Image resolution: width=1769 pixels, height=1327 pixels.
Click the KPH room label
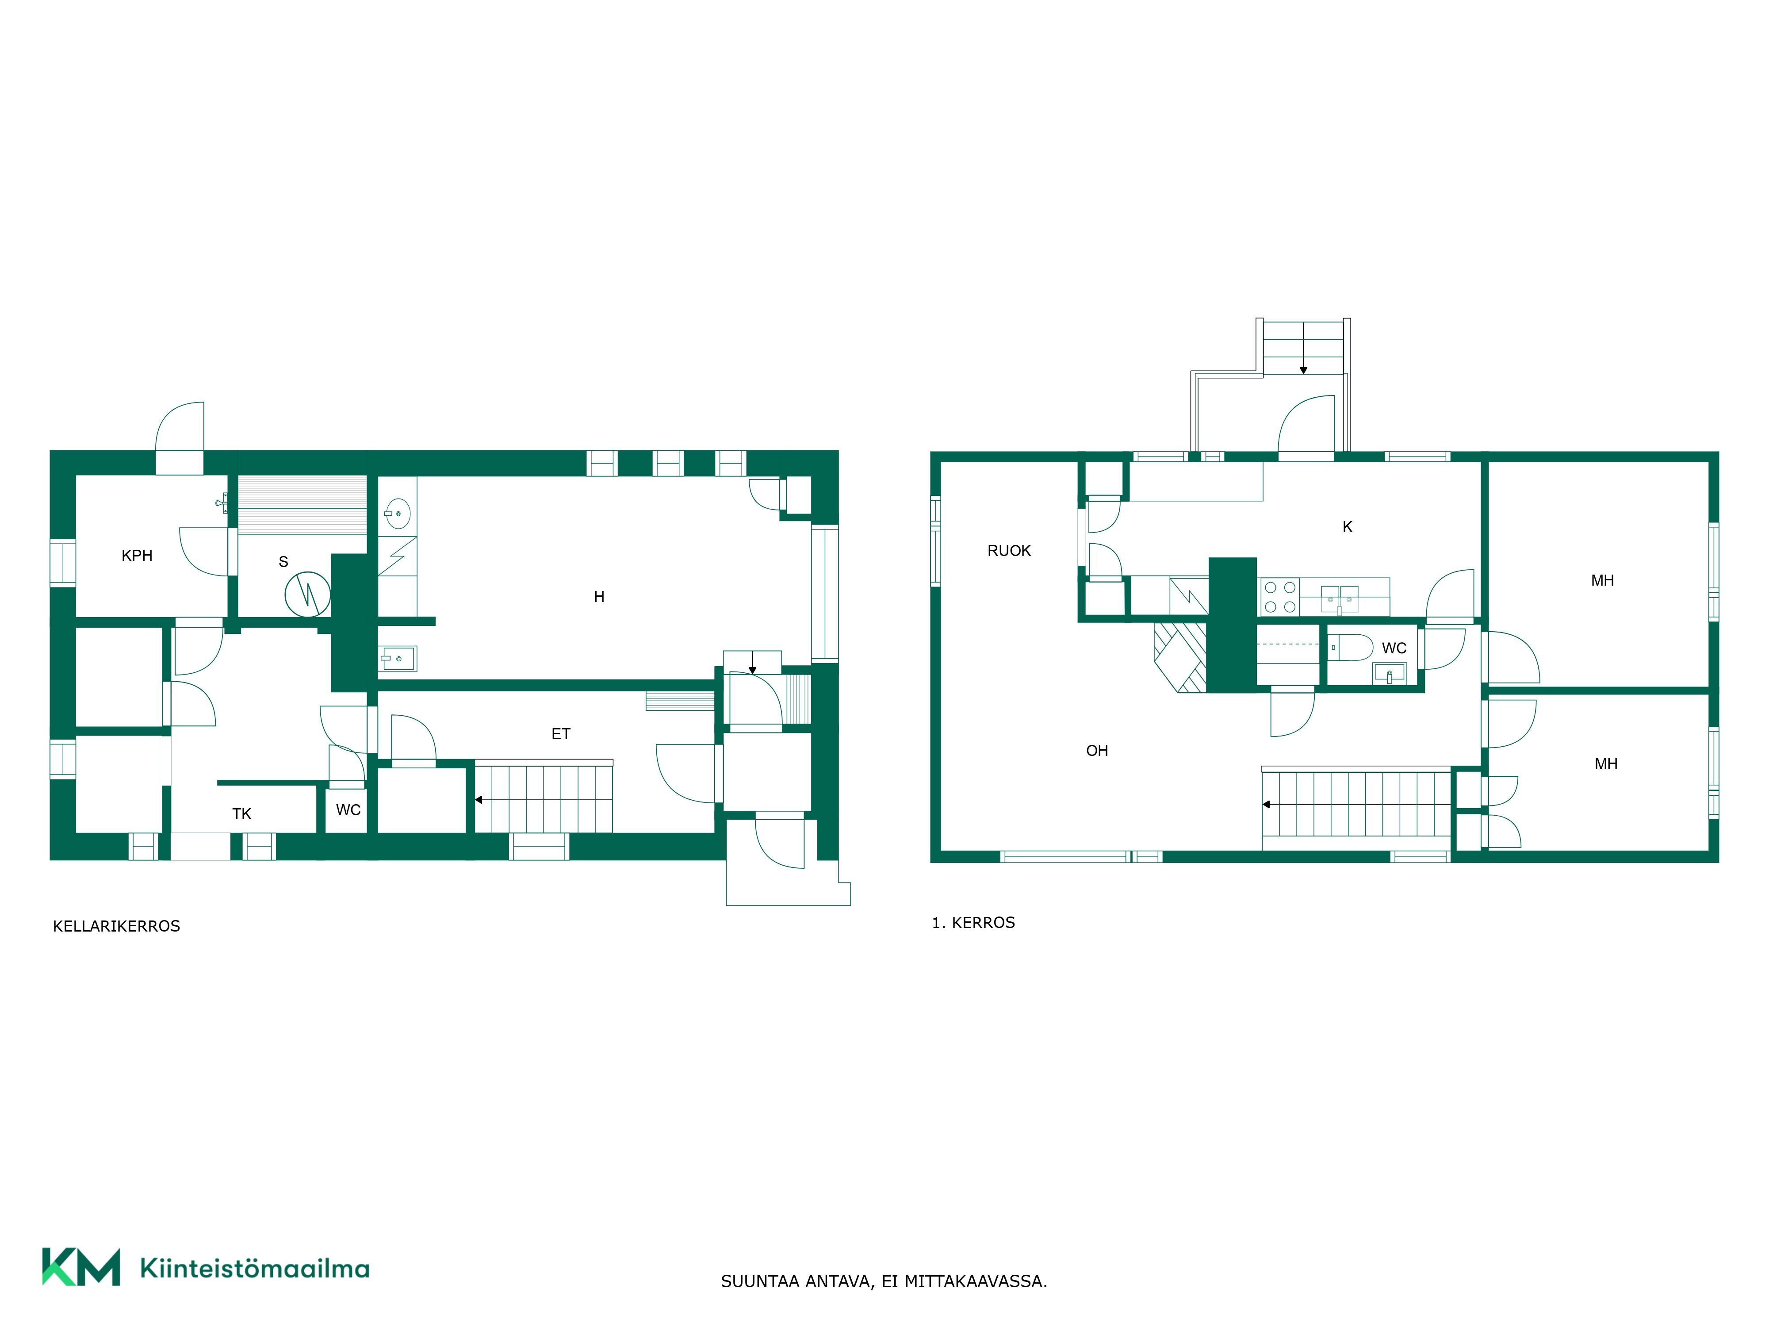[137, 555]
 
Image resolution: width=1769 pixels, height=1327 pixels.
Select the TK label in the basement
[241, 813]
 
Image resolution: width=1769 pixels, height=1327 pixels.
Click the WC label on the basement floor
[348, 809]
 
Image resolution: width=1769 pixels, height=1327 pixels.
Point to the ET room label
[561, 733]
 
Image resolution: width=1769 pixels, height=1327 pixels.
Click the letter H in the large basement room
[599, 597]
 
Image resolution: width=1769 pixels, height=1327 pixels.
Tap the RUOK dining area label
[1009, 550]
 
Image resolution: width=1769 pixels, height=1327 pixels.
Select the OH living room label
[1097, 750]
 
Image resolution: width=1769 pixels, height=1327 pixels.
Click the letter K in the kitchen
[1348, 526]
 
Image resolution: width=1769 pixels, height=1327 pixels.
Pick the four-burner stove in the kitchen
[1279, 597]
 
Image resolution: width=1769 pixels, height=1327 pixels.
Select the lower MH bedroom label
[1606, 764]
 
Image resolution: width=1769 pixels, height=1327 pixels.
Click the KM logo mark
[81, 1267]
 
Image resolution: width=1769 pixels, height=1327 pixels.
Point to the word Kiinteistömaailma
[254, 1268]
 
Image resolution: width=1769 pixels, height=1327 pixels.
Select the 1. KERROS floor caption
[973, 922]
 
